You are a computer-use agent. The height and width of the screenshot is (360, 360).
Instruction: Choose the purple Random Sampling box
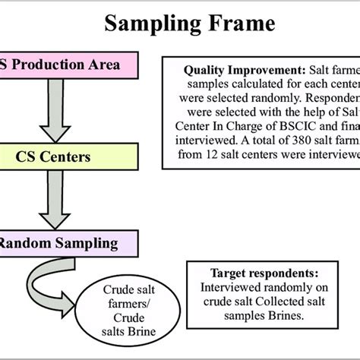click(x=67, y=243)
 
